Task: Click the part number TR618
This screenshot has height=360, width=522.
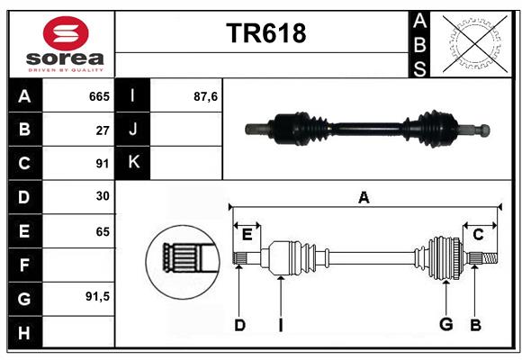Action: (x=265, y=33)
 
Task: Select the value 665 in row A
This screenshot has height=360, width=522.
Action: (x=98, y=95)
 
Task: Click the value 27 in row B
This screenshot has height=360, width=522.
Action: (x=102, y=130)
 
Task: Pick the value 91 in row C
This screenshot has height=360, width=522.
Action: (x=102, y=164)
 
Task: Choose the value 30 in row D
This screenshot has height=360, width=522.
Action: (x=102, y=196)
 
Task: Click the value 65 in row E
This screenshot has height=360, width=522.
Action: (x=102, y=231)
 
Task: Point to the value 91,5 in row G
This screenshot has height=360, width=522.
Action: (x=96, y=296)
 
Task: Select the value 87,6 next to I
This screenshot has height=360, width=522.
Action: (x=206, y=95)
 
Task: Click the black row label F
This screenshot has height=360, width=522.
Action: (x=24, y=265)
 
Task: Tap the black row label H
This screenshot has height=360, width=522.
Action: (x=24, y=332)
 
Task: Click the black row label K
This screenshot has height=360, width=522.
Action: (x=133, y=163)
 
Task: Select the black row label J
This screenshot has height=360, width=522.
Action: (x=133, y=130)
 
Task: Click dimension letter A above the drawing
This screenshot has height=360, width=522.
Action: (x=364, y=198)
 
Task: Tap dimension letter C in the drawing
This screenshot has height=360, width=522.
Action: (x=478, y=234)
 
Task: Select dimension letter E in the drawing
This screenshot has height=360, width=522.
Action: (x=247, y=234)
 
